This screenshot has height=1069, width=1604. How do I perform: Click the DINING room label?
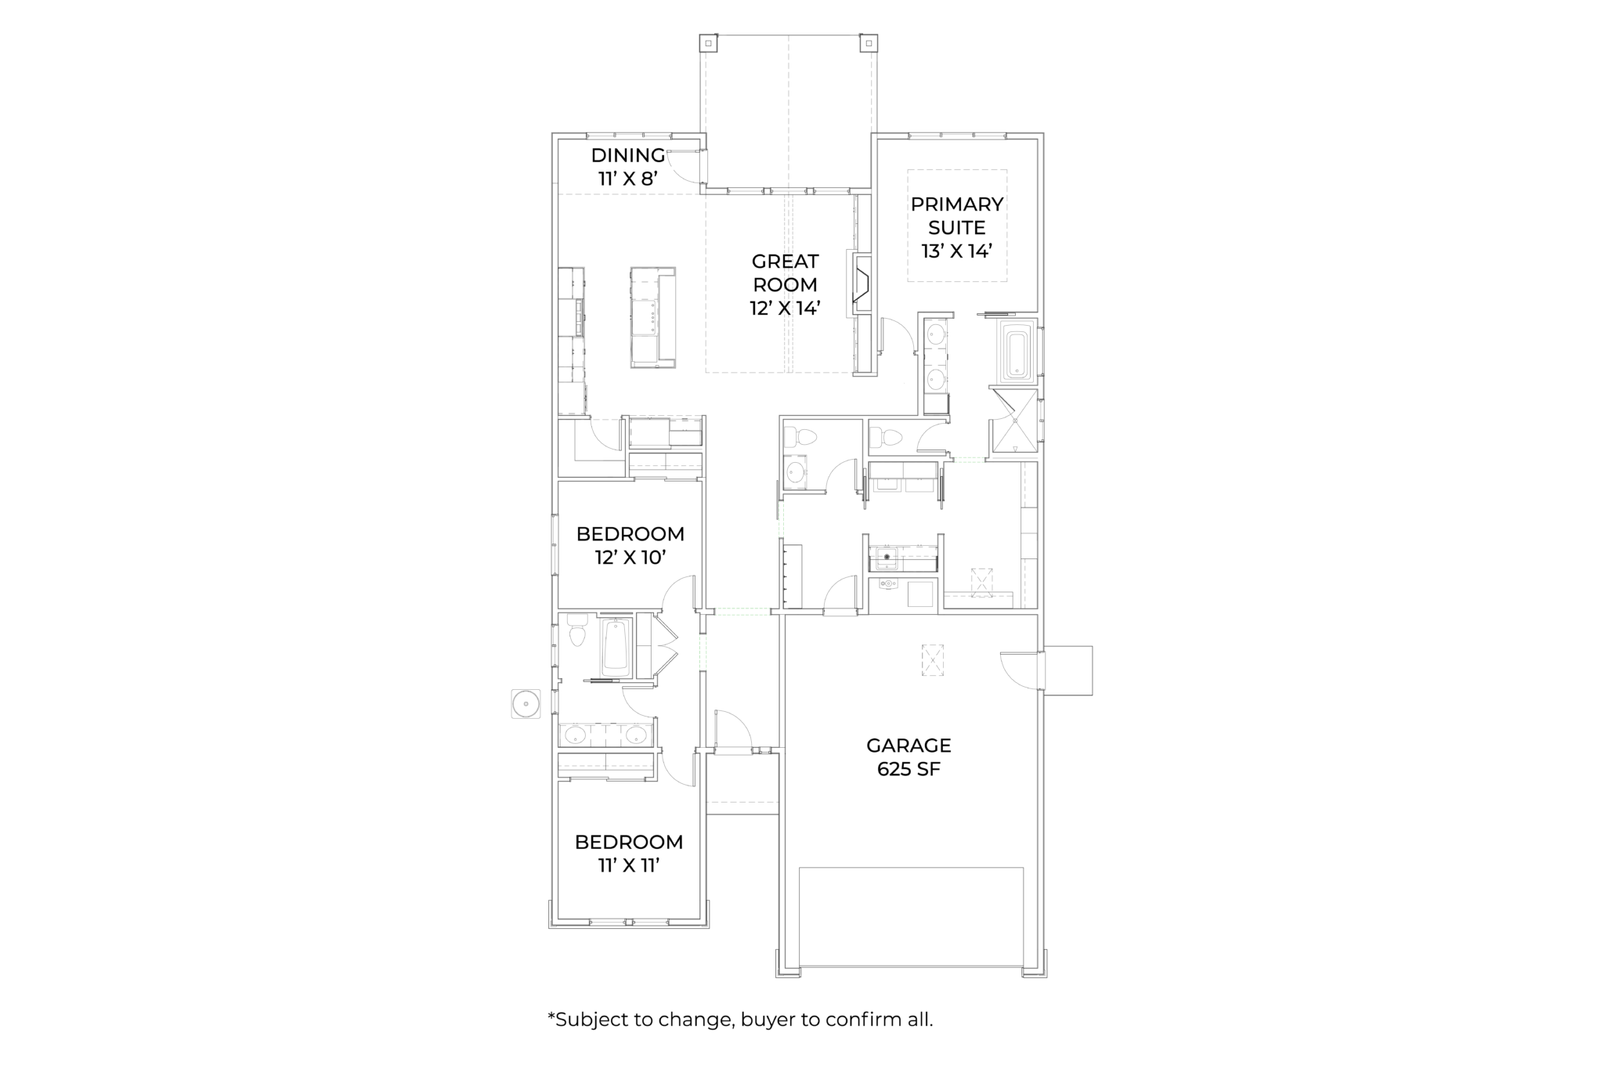click(628, 155)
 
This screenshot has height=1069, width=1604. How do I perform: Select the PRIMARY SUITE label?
click(957, 215)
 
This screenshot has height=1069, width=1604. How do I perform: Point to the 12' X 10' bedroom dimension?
click(630, 558)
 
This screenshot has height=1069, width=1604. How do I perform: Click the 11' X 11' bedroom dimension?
click(629, 865)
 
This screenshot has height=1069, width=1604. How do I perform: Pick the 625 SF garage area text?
click(909, 769)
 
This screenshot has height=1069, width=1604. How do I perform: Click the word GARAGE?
click(909, 746)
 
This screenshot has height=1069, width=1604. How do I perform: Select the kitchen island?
click(653, 317)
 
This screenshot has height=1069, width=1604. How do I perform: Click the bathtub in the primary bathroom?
click(1017, 354)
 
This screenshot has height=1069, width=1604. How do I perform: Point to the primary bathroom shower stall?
click(1014, 421)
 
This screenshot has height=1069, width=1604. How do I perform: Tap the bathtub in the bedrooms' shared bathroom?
click(616, 648)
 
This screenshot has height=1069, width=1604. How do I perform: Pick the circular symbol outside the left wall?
click(526, 703)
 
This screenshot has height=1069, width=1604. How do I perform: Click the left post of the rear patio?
click(708, 43)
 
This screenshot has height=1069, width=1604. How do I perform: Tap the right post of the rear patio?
click(869, 43)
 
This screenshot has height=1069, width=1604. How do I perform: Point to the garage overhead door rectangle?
click(911, 917)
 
